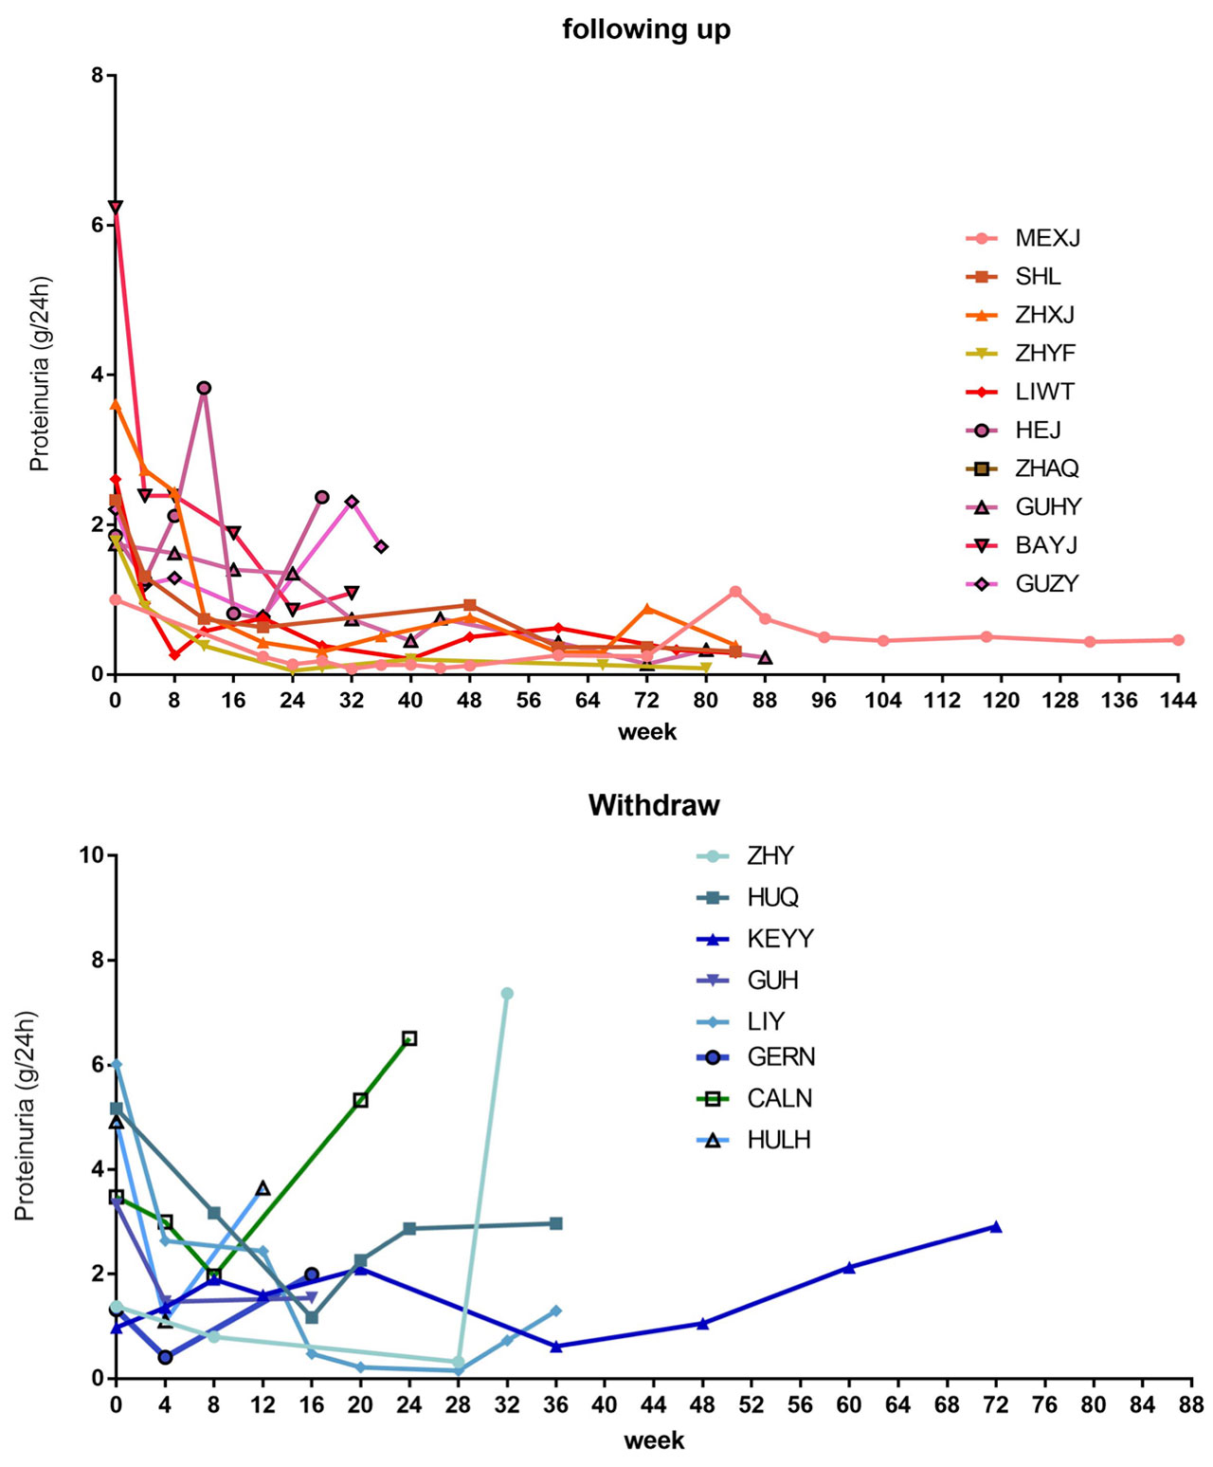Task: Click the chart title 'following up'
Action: coord(646,29)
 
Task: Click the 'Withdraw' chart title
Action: coord(654,805)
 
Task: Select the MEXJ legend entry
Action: coord(1047,238)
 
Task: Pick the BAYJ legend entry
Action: coord(1046,545)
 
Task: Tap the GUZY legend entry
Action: coord(1046,584)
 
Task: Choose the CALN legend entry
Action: coord(779,1098)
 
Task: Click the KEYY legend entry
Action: coord(780,939)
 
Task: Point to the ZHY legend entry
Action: coord(769,856)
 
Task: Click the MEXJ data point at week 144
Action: coord(1178,640)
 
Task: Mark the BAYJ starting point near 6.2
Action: coord(116,207)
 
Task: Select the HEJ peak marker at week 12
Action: coord(204,388)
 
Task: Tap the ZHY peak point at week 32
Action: coord(507,994)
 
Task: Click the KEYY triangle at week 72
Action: coord(996,1227)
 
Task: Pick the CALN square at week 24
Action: coord(409,1038)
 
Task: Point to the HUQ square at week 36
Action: coord(556,1223)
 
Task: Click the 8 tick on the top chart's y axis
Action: coord(97,75)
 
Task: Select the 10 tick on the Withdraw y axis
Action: coord(91,855)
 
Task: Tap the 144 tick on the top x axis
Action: coord(1178,701)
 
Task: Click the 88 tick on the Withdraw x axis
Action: coord(1191,1404)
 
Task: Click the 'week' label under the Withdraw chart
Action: coord(654,1441)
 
